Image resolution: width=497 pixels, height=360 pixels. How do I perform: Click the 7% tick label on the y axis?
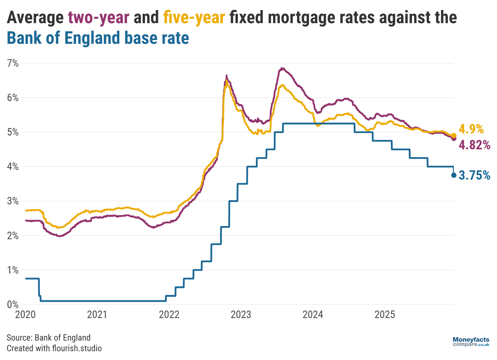(x=13, y=63)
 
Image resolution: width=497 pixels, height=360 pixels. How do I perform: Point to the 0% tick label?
(x=13, y=304)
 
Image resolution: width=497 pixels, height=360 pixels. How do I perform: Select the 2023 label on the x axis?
(x=241, y=314)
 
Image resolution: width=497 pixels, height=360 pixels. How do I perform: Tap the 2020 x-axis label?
(x=25, y=314)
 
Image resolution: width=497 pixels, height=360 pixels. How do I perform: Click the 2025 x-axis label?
(x=385, y=314)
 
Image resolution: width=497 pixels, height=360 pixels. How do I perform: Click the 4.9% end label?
(x=471, y=129)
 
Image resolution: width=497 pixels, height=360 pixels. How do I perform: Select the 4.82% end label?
(x=474, y=145)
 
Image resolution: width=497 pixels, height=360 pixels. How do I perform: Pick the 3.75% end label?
(x=474, y=175)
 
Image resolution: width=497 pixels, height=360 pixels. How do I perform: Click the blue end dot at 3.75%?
(x=454, y=175)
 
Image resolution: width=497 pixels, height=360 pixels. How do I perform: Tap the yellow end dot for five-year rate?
(x=454, y=136)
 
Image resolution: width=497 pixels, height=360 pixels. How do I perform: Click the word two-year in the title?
(x=99, y=18)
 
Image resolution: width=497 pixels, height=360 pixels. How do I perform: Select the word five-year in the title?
(x=194, y=18)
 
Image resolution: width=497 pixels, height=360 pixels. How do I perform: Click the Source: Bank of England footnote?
(x=49, y=337)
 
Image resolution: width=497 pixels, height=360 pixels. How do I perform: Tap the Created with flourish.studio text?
(x=54, y=348)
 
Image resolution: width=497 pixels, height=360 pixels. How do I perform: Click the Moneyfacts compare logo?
(x=471, y=342)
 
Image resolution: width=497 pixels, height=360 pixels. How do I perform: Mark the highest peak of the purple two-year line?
(x=282, y=68)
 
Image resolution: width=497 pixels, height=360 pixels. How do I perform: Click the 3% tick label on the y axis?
(x=13, y=201)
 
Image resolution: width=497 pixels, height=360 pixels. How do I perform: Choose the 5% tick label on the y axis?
(x=13, y=132)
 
